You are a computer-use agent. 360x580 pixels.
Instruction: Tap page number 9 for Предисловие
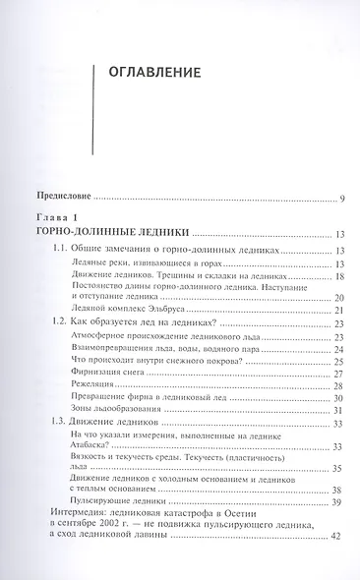coord(340,201)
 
